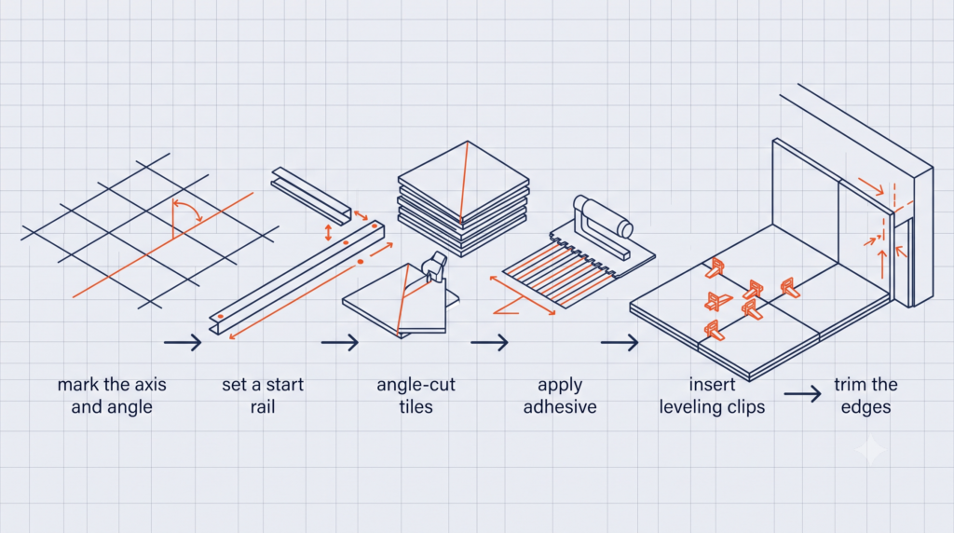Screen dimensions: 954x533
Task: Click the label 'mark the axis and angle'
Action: (112, 395)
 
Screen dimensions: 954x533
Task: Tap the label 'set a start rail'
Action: (262, 395)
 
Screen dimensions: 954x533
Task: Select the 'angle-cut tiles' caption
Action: (416, 395)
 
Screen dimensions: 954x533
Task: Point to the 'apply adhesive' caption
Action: (560, 395)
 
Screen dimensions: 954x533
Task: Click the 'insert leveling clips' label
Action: (712, 395)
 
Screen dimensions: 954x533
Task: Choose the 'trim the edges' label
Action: (865, 395)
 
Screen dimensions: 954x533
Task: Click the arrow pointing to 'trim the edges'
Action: (802, 393)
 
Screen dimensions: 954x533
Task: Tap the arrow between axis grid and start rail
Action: (183, 343)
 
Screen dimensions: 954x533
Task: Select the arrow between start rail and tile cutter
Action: (340, 343)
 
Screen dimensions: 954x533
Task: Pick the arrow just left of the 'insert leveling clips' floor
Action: (620, 343)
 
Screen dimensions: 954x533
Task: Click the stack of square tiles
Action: (464, 198)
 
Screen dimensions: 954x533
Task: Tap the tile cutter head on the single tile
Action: (434, 266)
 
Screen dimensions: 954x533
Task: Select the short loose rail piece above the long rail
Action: (311, 196)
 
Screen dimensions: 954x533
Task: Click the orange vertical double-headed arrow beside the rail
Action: (329, 232)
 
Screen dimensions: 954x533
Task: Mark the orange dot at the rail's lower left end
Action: (220, 317)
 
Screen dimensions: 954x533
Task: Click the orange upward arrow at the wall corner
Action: (882, 264)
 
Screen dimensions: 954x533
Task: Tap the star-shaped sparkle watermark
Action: (871, 450)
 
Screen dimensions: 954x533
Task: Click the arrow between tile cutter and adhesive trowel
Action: (489, 343)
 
